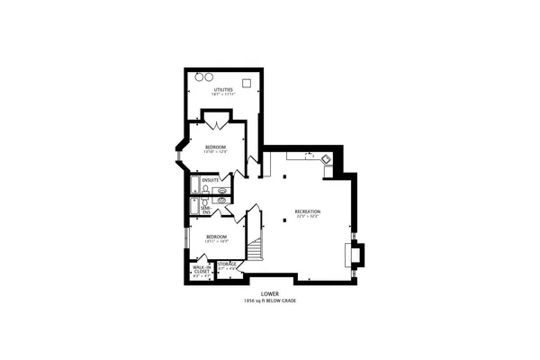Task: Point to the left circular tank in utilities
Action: pos(201,76)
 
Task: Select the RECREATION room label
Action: pos(308,211)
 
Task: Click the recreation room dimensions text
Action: pos(308,218)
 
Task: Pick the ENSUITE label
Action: pos(211,181)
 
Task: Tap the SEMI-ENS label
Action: pos(206,207)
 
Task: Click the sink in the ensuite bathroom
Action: pos(221,191)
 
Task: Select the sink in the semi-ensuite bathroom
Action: pos(221,201)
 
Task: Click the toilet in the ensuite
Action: pos(206,190)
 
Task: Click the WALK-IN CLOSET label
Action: pos(202,270)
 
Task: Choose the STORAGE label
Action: pos(226,265)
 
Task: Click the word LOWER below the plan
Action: pos(270,293)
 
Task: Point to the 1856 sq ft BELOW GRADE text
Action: pos(270,301)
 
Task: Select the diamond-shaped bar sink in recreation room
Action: pos(326,159)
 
